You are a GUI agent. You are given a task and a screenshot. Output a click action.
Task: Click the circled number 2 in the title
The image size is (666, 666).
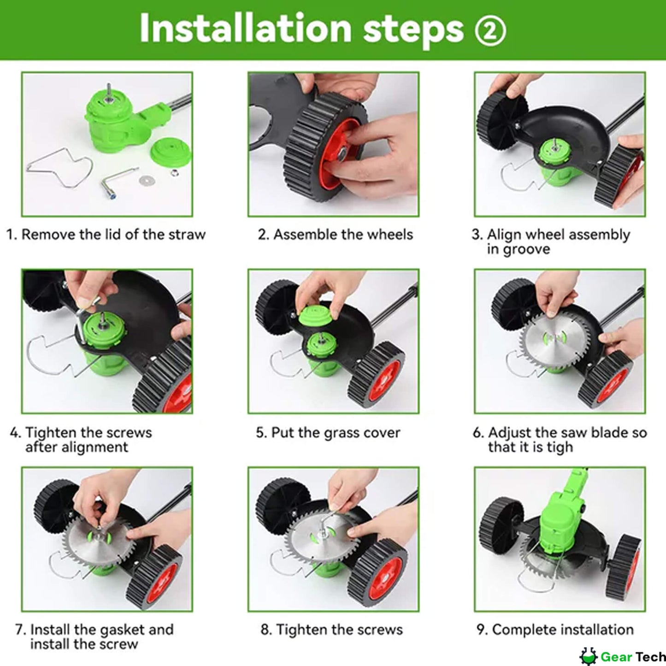[x=490, y=30]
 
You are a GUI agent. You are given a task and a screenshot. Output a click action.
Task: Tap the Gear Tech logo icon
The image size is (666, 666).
[x=588, y=656]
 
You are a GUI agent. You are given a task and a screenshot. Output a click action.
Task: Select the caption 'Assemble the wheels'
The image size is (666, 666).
[x=335, y=235]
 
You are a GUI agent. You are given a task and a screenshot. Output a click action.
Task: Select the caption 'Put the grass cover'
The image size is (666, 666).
[x=328, y=433]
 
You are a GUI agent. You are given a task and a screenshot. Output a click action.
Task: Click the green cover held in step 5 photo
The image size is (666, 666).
[x=316, y=317]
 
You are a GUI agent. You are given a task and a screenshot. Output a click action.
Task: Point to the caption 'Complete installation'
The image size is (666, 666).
[x=555, y=630]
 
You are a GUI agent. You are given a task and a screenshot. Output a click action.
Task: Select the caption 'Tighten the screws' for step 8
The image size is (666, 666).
[x=332, y=630]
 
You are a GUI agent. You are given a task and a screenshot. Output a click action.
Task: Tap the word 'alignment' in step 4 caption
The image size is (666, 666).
[x=77, y=448]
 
